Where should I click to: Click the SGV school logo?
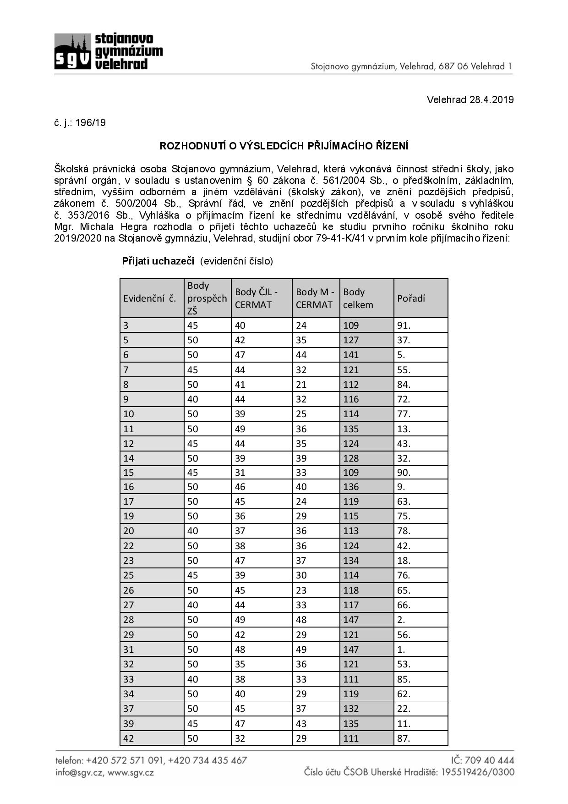[109, 51]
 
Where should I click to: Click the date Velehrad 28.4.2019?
[470, 100]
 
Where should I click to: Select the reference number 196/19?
[90, 123]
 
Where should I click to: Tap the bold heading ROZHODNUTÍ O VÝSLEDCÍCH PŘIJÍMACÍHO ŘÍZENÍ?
[284, 146]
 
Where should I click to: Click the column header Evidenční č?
[150, 298]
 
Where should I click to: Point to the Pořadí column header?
[411, 298]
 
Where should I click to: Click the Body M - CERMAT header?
[315, 298]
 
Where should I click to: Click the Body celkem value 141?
[351, 355]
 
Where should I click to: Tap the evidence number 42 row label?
[129, 738]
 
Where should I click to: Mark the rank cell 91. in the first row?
[404, 325]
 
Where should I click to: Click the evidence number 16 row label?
[129, 487]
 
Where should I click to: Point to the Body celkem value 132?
[351, 709]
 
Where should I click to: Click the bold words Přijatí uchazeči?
[158, 261]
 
